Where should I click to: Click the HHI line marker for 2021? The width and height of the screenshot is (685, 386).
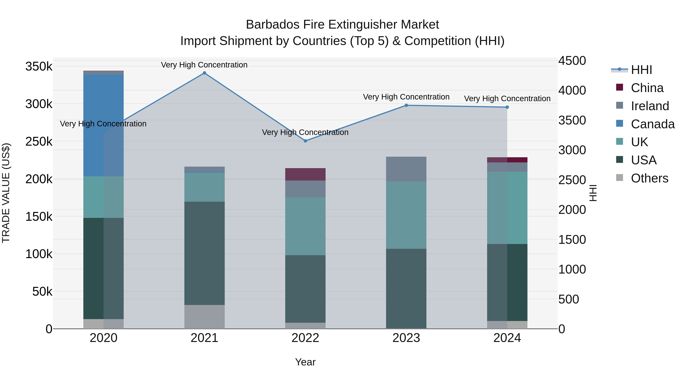[204, 73]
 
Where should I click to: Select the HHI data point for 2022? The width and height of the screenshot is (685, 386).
[305, 141]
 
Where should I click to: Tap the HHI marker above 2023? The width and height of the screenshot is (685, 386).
[406, 105]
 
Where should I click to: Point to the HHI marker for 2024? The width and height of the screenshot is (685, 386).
[507, 107]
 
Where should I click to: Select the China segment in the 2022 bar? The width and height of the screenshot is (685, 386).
[305, 174]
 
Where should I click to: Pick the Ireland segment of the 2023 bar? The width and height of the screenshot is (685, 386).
[406, 169]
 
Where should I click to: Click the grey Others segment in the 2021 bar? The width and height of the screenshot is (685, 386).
[204, 317]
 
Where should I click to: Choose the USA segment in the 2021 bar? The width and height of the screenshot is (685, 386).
[204, 253]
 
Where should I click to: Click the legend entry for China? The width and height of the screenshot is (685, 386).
[647, 88]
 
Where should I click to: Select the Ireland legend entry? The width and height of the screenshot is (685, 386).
[649, 106]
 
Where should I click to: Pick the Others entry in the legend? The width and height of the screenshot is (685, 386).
[649, 178]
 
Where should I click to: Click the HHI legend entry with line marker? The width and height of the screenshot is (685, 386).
[641, 70]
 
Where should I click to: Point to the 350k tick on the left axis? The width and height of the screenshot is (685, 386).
[39, 66]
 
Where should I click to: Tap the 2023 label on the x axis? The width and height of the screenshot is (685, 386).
[406, 338]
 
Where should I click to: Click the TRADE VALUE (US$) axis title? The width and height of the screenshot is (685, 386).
[6, 193]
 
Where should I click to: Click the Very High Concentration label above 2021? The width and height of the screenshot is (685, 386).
[204, 65]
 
